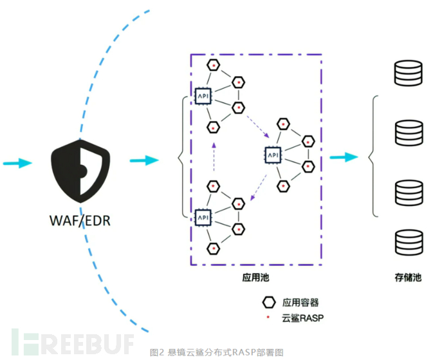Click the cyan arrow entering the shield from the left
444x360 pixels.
[17, 164]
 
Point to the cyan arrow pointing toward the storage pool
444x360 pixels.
[344, 157]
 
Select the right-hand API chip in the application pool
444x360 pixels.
[273, 155]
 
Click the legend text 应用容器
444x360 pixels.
[301, 303]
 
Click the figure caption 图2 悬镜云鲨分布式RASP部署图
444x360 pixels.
[216, 352]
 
